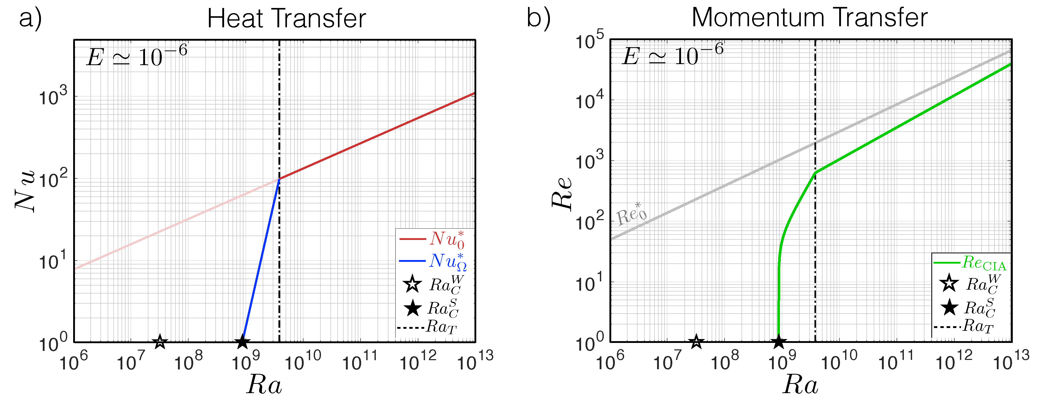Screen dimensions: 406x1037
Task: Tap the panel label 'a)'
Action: pyautogui.click(x=30, y=19)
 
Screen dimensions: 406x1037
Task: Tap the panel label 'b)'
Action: pyautogui.click(x=538, y=19)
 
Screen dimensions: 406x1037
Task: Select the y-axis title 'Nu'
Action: pyautogui.click(x=25, y=191)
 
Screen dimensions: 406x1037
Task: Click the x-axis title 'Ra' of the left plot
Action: pyautogui.click(x=265, y=385)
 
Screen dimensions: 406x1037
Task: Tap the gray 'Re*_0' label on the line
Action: pyautogui.click(x=631, y=214)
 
